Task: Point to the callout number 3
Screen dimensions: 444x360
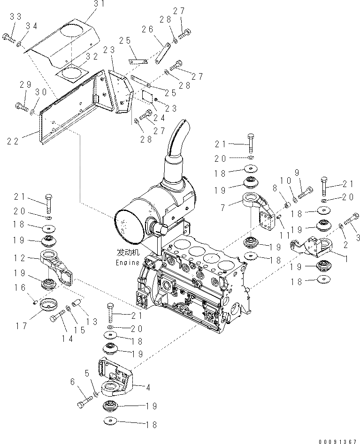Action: click(x=357, y=238)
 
